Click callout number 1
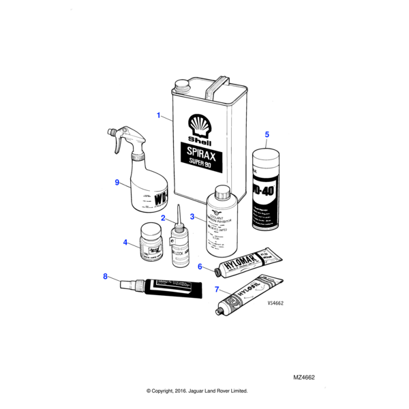coord(159,116)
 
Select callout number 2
coord(164,218)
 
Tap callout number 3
coord(193,217)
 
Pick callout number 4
coord(125,242)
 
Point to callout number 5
coord(267,134)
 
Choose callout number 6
coord(200,267)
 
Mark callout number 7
coord(217,290)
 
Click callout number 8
coord(106,276)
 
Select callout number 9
coord(117,182)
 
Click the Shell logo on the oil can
coord(200,127)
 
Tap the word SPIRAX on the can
coord(200,151)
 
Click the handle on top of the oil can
coord(219,87)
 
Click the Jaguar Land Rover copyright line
coord(197,391)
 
